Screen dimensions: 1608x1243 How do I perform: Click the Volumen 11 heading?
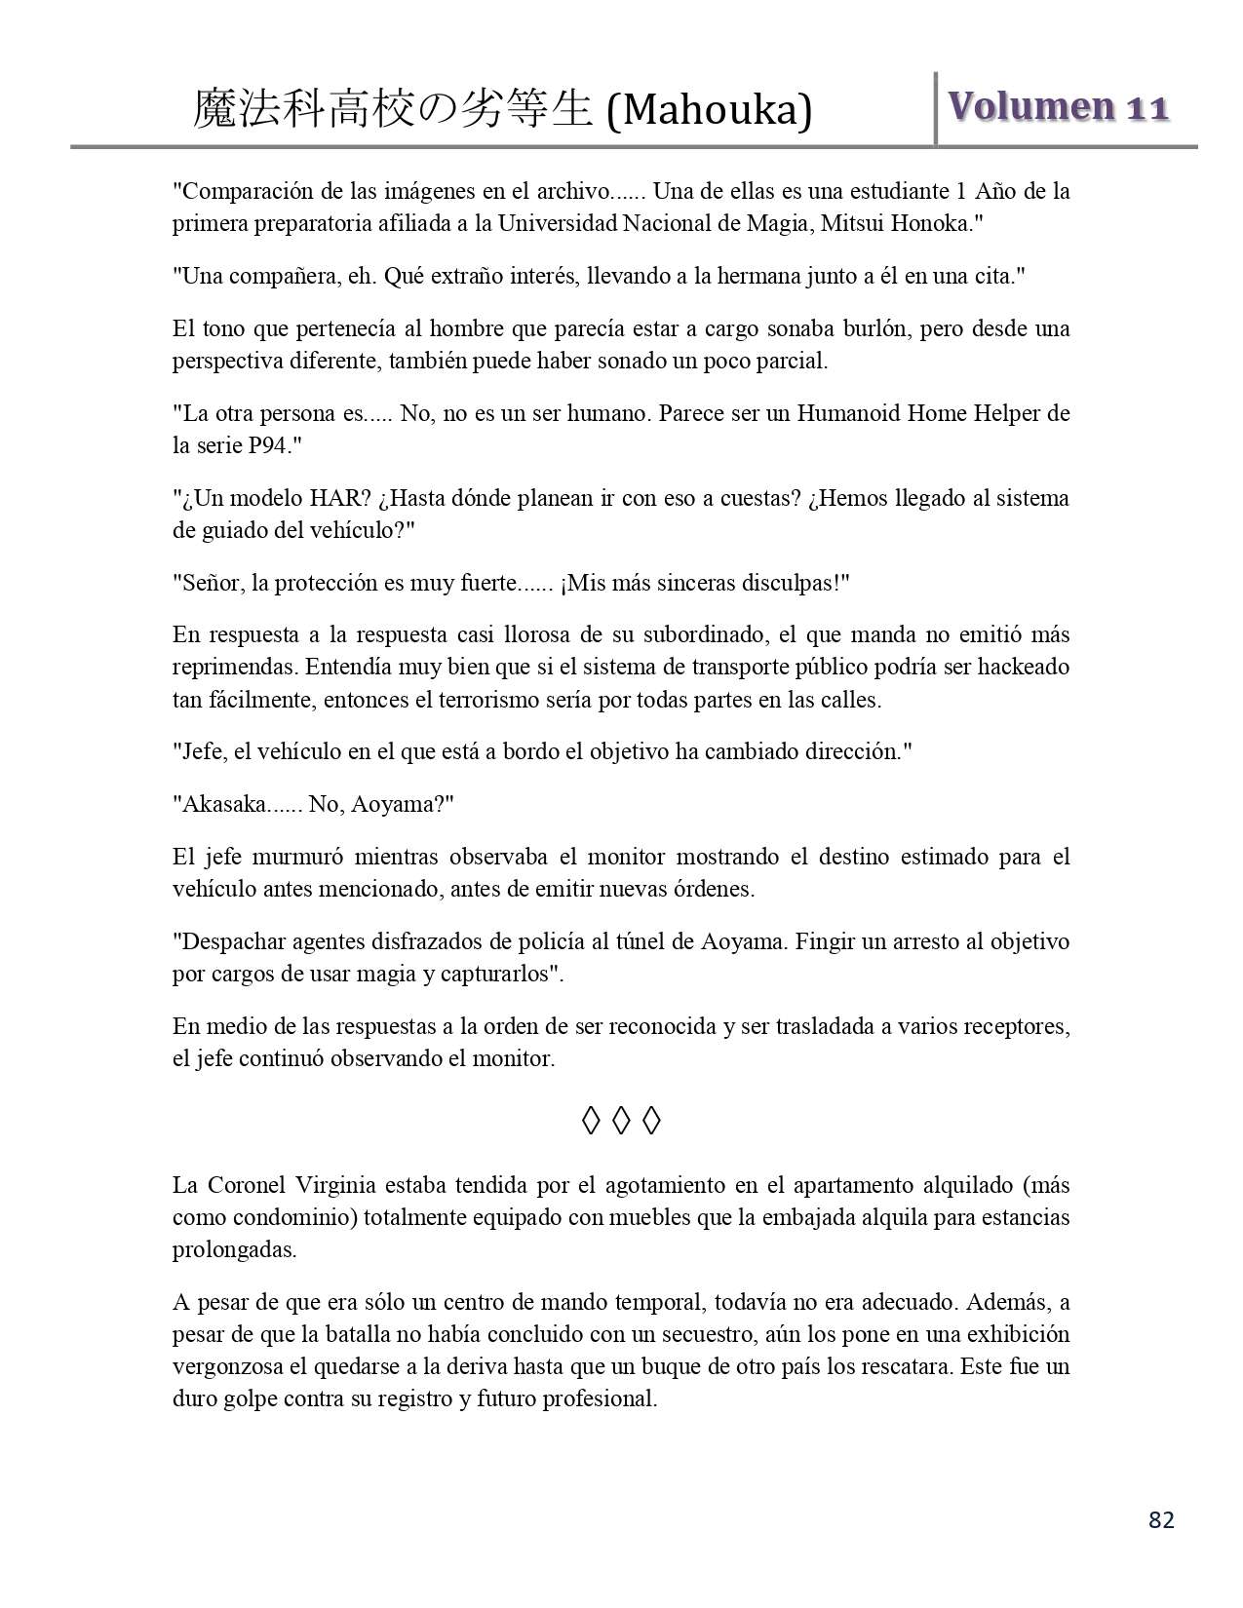1058,106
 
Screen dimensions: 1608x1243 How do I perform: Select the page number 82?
1161,1519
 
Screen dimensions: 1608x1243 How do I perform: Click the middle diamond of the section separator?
621,1121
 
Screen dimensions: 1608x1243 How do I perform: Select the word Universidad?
557,223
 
